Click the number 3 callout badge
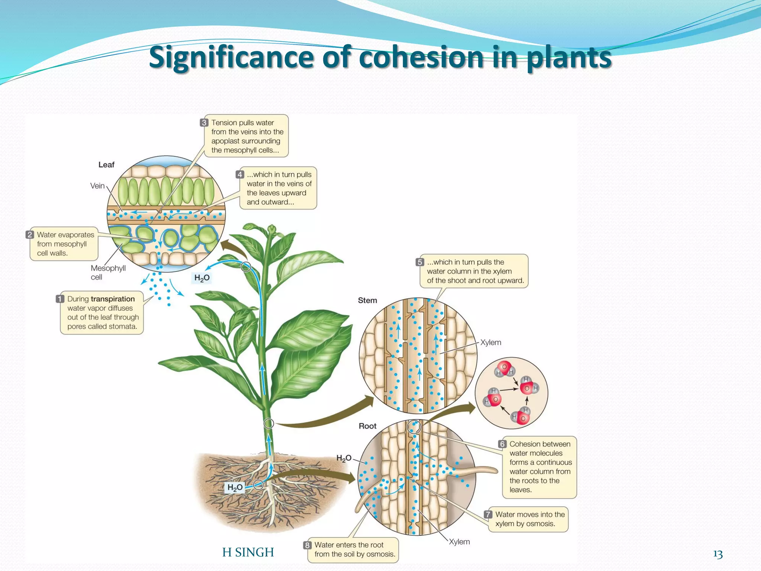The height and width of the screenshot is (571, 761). point(204,123)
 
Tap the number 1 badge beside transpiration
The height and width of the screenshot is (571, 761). point(60,299)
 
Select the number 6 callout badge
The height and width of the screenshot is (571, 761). point(502,444)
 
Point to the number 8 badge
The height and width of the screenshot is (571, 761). point(307,545)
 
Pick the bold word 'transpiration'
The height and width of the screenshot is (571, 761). point(113,299)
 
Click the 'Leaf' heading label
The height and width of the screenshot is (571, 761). point(106,165)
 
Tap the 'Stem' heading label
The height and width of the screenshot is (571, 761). point(367,300)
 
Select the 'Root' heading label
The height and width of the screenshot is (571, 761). point(367,426)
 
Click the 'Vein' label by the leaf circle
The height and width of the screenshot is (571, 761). point(97,186)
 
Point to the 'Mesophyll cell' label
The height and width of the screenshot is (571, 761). point(108,272)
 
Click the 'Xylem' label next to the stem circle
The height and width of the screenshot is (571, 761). point(490,342)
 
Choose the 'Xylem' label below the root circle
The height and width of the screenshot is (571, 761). point(459,542)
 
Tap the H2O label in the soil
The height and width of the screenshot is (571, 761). point(235,487)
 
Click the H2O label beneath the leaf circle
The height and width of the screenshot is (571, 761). point(202,278)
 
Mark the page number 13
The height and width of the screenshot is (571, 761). point(718,554)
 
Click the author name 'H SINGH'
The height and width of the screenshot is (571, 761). point(248,552)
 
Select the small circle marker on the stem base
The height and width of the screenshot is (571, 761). point(269,423)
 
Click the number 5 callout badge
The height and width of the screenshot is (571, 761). point(420,262)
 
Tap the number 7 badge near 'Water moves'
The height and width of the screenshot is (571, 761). point(488,514)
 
